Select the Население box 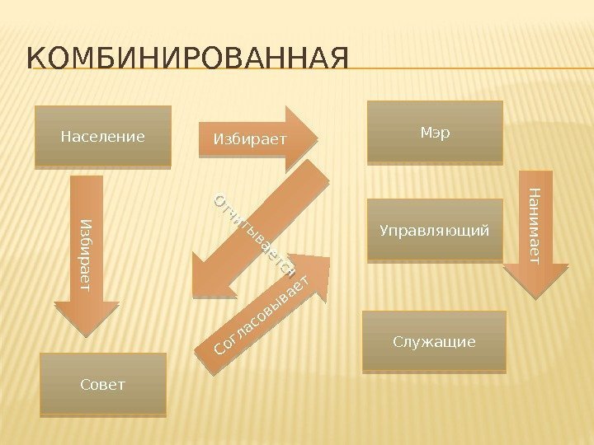pyautogui.click(x=103, y=136)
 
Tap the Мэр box pyautogui.click(x=435, y=132)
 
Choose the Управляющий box pyautogui.click(x=434, y=229)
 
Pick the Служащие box pyautogui.click(x=434, y=341)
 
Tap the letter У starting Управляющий pyautogui.click(x=384, y=229)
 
